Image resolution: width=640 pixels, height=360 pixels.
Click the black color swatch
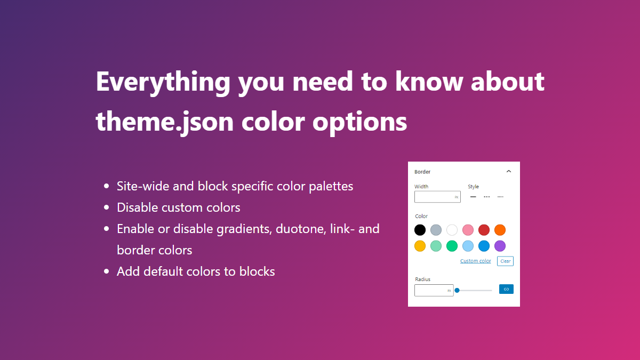420,230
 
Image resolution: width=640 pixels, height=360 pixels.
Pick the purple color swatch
500,246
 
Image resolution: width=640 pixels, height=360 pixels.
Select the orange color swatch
500,230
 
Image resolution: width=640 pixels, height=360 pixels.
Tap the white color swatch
452,230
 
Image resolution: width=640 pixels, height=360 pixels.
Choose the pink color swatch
468,230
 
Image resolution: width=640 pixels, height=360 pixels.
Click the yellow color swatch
420,246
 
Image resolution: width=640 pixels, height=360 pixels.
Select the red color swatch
484,230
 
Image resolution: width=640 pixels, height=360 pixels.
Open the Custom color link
475,261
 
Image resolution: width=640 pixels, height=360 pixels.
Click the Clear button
505,261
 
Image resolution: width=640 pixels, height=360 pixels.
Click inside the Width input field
434,197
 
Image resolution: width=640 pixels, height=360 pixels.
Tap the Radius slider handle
457,290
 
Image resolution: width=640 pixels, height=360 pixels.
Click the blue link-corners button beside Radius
506,289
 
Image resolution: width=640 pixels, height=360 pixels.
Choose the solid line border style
473,197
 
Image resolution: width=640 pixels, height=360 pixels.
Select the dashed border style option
486,197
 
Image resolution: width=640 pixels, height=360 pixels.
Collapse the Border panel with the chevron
508,171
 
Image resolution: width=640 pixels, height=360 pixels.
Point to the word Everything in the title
163,82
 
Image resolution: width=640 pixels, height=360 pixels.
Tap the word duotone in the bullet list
297,229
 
